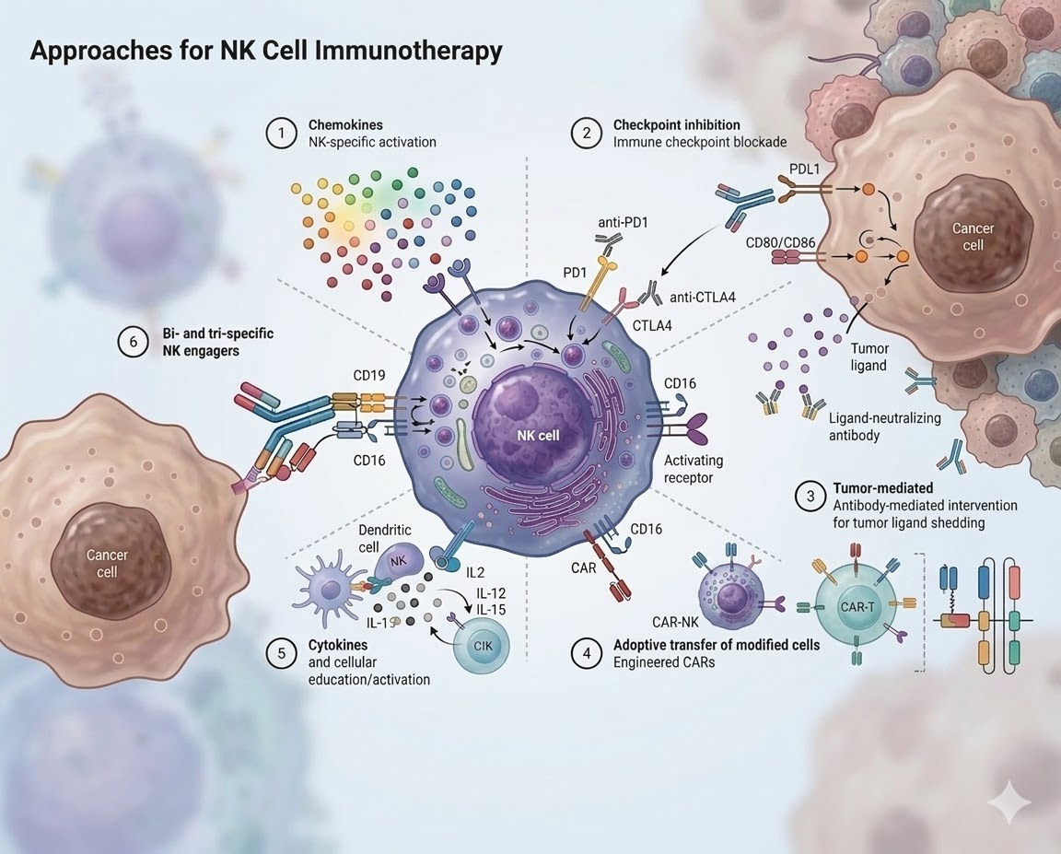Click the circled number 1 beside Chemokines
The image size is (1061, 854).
click(281, 134)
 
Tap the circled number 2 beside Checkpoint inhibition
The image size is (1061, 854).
click(586, 134)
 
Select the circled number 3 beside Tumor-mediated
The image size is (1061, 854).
click(810, 497)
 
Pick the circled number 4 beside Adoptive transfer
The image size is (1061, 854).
click(586, 653)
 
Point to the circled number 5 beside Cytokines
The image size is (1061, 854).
click(281, 653)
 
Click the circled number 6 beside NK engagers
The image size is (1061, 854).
click(133, 342)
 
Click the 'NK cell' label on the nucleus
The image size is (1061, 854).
click(538, 435)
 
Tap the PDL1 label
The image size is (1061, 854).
click(804, 169)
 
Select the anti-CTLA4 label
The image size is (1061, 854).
click(703, 297)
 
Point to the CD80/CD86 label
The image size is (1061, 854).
click(780, 242)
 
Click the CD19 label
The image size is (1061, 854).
click(369, 375)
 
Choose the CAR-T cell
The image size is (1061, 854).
click(857, 606)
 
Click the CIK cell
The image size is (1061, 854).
click(483, 646)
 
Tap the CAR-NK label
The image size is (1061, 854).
click(675, 622)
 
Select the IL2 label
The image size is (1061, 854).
click(475, 573)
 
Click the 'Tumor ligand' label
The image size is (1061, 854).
click(869, 357)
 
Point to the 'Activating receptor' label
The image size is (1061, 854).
click(693, 469)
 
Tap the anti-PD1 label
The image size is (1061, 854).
click(623, 222)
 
